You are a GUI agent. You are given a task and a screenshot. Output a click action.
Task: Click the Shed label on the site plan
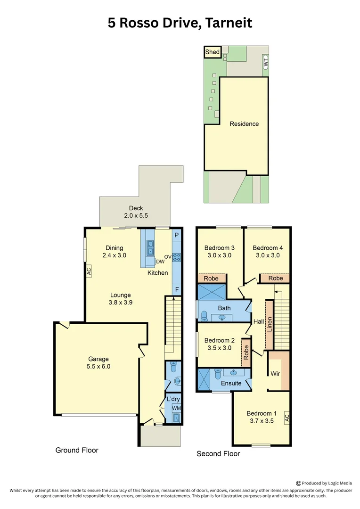click(213, 51)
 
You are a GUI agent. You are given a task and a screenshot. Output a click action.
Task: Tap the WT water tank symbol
click(265, 62)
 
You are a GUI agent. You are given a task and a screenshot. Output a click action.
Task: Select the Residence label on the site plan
click(244, 124)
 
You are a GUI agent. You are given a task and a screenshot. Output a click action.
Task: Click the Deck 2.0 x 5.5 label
click(136, 212)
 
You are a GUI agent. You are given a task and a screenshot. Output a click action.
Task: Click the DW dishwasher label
click(160, 262)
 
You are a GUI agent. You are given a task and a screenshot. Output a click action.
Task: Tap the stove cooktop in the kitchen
click(178, 257)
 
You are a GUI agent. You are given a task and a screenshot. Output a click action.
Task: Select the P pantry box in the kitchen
click(177, 235)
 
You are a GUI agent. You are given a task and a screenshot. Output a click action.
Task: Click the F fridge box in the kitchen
click(177, 290)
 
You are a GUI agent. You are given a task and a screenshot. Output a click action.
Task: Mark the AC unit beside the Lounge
click(88, 271)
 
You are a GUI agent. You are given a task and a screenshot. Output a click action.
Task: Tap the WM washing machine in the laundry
click(176, 408)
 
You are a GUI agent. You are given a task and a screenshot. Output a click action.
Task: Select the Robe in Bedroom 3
click(212, 279)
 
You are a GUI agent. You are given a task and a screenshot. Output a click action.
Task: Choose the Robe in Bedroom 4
click(276, 278)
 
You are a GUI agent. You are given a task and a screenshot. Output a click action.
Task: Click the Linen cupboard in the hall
click(270, 324)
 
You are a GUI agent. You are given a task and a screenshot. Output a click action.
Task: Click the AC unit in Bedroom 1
click(286, 417)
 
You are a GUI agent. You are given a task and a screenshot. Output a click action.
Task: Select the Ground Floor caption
click(77, 450)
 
